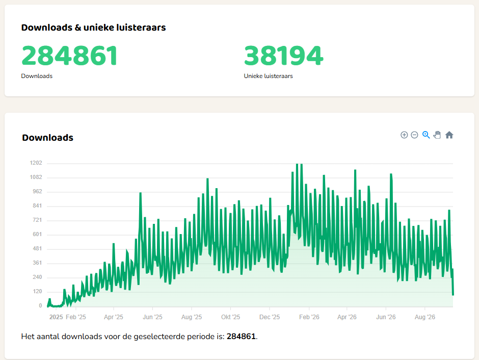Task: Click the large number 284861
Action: [x=69, y=55]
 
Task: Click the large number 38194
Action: [x=283, y=55]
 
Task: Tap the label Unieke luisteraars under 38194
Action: [x=268, y=76]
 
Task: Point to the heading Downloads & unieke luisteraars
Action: [x=93, y=28]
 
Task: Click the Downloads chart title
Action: [x=48, y=138]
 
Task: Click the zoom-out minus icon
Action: [x=414, y=135]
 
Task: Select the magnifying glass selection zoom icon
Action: [x=426, y=135]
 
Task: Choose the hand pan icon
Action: [x=437, y=135]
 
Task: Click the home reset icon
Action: [x=449, y=135]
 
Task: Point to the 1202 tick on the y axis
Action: [x=36, y=163]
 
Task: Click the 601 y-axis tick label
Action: [x=37, y=235]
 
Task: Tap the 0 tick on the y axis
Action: [x=40, y=305]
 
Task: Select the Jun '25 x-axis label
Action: [x=152, y=317]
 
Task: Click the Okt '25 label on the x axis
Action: [x=231, y=317]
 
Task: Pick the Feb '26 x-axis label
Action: [x=309, y=317]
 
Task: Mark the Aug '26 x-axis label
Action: [x=424, y=317]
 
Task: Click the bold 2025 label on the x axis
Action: [x=56, y=317]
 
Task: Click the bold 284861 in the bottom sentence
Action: [x=241, y=337]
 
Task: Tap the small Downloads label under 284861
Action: [x=37, y=76]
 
